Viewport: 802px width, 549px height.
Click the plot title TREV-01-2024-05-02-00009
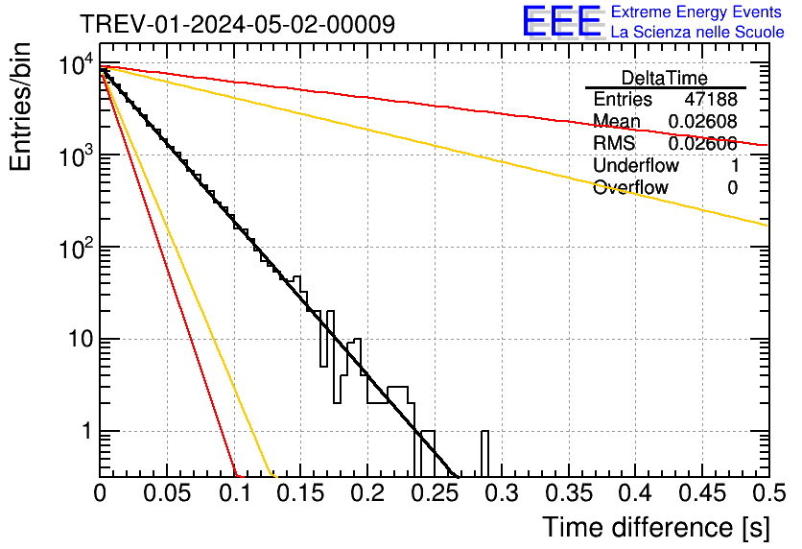[x=237, y=24]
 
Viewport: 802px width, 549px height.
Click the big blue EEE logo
[x=561, y=21]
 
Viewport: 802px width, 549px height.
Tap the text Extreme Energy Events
[x=697, y=12]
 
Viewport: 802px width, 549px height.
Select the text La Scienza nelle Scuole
[x=697, y=32]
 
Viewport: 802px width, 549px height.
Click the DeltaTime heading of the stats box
[x=665, y=78]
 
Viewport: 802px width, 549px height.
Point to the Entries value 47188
[x=711, y=100]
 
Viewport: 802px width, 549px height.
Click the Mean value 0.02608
[x=703, y=121]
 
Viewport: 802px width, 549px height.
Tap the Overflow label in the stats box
[x=630, y=187]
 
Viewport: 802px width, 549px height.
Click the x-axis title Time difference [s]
[x=655, y=527]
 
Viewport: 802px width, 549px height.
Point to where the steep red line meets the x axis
[x=237, y=474]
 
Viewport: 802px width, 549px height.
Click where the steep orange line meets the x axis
[x=273, y=474]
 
